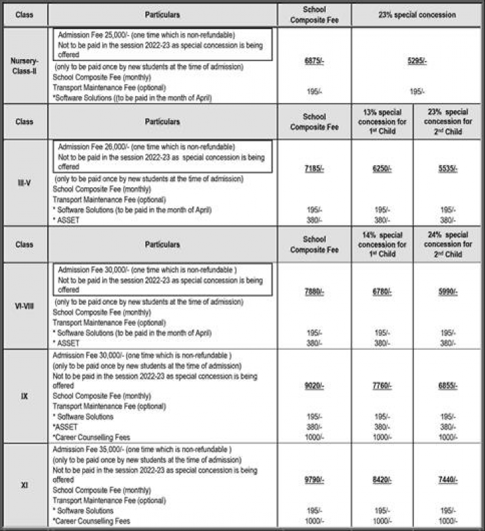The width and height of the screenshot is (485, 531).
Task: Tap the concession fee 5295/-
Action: tap(417, 60)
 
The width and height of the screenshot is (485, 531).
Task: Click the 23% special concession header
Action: tap(417, 13)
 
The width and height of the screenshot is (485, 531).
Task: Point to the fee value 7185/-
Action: tap(314, 169)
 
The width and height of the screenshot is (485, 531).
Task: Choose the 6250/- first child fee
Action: tap(381, 169)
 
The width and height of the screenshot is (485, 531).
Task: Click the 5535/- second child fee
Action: tap(448, 169)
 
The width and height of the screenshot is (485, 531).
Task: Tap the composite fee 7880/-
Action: tap(314, 292)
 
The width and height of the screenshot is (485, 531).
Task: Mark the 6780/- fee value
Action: tap(381, 292)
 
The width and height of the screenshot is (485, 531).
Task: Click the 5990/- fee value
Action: tap(448, 292)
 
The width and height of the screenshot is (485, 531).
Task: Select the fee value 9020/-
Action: tap(314, 385)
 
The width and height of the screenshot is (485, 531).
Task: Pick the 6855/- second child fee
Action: tap(448, 385)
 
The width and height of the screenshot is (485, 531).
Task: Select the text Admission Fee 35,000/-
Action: tap(88, 450)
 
